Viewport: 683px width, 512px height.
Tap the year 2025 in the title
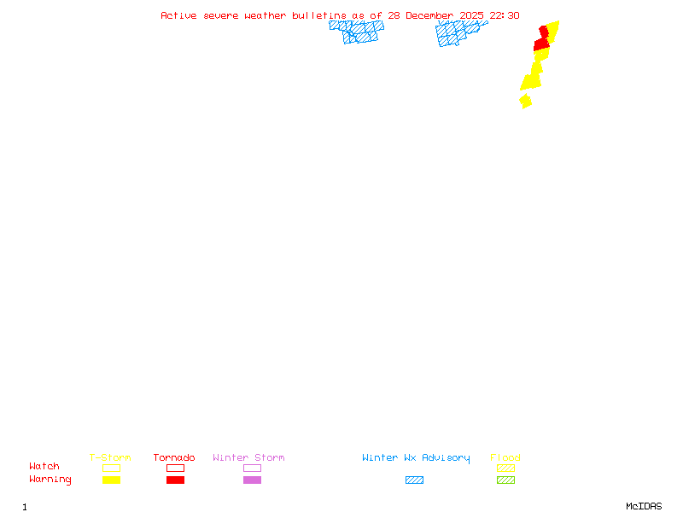473,15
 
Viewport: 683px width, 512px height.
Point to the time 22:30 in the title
505,15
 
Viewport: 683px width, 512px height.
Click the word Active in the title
178,15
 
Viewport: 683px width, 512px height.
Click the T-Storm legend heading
110,457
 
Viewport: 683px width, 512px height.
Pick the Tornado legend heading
174,457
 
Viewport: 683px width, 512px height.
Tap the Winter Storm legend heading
248,457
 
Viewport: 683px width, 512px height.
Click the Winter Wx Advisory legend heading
416,457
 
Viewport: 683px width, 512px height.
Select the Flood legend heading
505,457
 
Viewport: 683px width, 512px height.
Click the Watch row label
44,467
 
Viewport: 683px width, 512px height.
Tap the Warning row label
50,480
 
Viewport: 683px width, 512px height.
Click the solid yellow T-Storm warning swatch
111,480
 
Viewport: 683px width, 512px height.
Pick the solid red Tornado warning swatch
175,480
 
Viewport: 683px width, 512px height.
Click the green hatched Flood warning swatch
505,480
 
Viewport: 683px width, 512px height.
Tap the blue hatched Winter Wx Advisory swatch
414,480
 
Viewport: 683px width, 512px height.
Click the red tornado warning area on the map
541,43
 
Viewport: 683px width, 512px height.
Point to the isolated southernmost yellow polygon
526,101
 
